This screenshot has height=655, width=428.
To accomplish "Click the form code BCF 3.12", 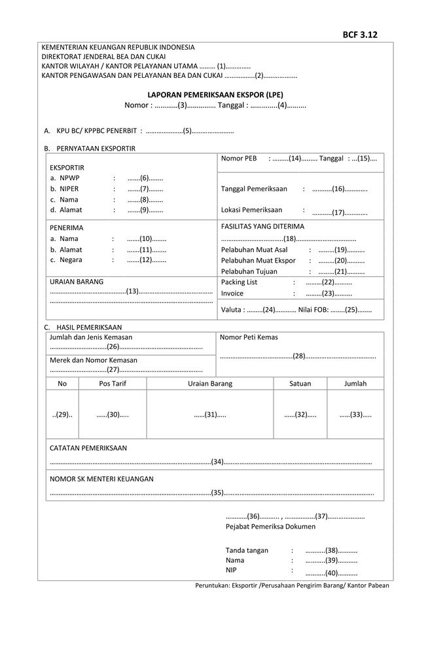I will click(360, 35).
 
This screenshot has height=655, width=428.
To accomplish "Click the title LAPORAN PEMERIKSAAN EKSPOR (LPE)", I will click(215, 94).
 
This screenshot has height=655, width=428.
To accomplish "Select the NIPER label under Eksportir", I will click(69, 189).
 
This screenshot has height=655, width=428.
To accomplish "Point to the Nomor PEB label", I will click(239, 159).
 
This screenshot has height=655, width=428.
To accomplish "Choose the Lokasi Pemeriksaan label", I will click(252, 210).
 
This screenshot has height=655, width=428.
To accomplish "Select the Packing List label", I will click(240, 282).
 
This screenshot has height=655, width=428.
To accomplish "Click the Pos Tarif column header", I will click(113, 384).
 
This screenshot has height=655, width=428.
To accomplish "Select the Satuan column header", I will click(300, 384).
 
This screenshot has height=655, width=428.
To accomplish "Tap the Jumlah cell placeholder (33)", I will click(355, 415).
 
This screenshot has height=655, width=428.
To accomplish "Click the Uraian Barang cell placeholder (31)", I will click(210, 415).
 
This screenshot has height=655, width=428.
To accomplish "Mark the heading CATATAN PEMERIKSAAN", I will click(88, 448).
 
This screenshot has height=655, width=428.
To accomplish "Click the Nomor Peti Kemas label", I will click(249, 337).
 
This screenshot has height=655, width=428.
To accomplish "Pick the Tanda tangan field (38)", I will click(331, 550).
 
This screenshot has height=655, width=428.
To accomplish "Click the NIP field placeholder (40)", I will click(331, 572).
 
